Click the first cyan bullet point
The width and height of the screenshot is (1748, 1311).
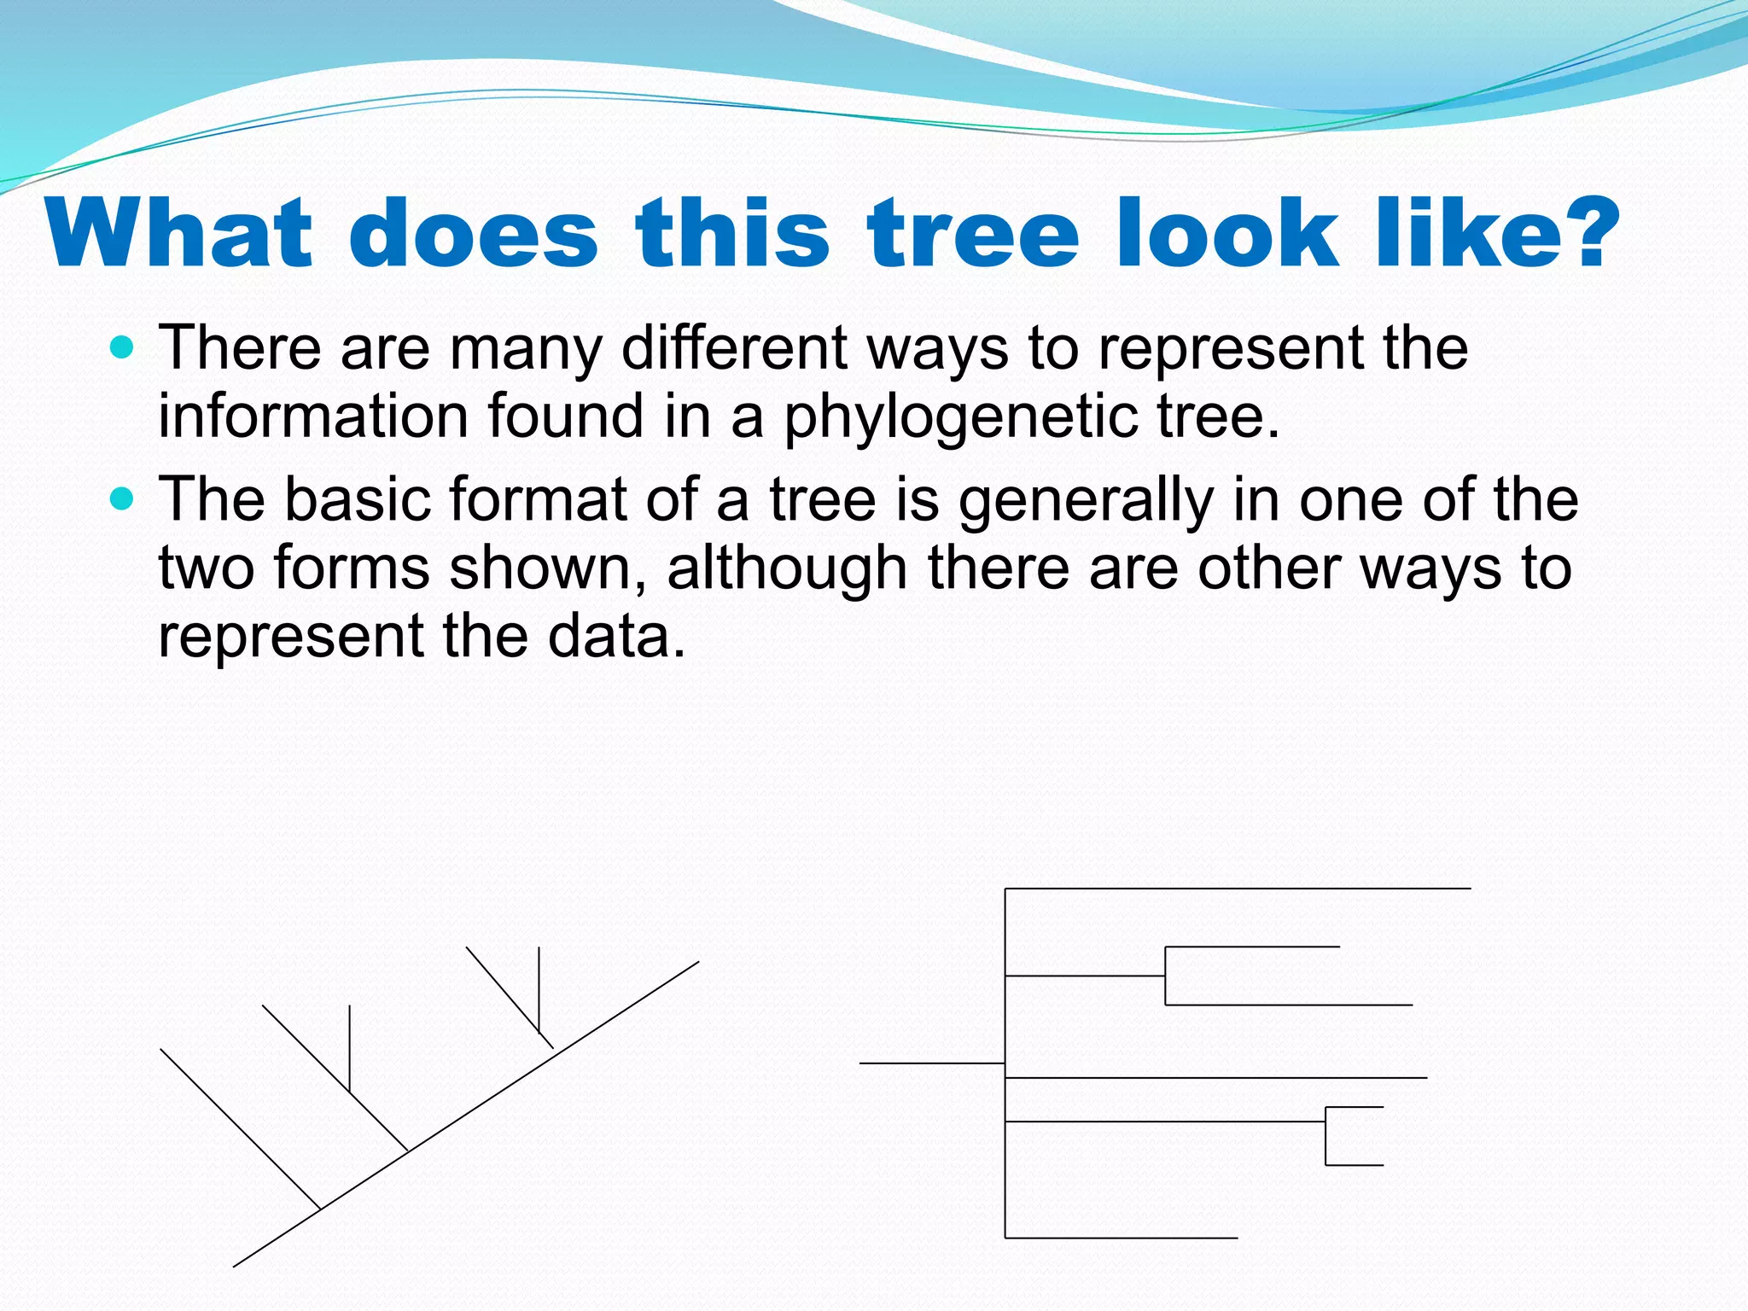pos(123,347)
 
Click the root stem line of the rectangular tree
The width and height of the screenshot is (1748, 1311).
pos(930,1063)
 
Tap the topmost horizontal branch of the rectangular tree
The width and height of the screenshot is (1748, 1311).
pos(1238,889)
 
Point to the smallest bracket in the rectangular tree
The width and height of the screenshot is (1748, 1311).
pos(1326,1136)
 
